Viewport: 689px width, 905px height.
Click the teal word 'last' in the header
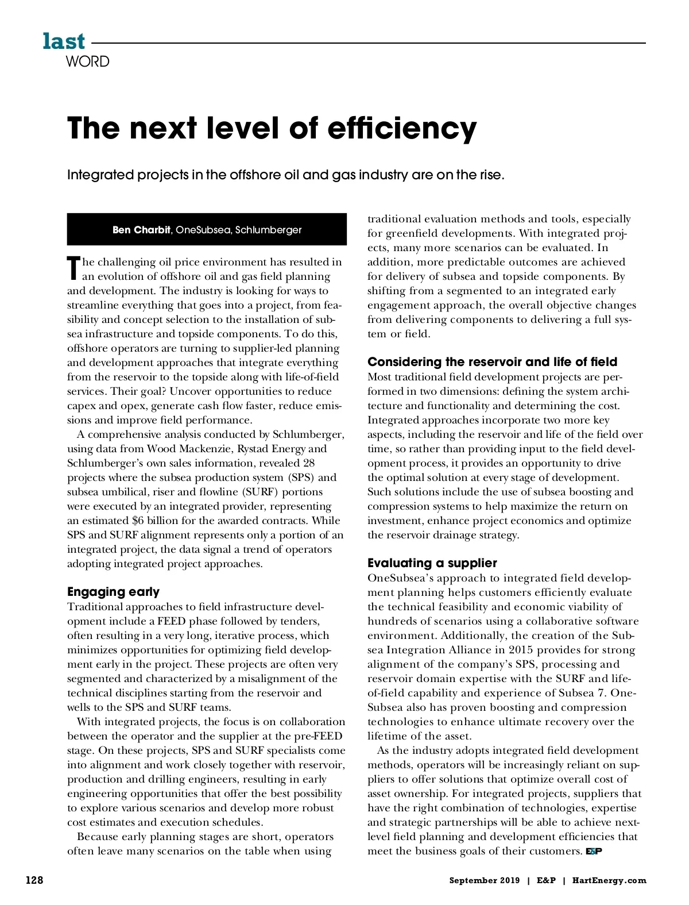(64, 42)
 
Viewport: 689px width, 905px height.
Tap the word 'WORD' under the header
(87, 61)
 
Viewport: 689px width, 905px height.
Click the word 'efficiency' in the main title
(402, 128)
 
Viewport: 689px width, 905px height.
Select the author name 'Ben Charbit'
(141, 230)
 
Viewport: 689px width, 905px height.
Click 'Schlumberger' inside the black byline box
(268, 230)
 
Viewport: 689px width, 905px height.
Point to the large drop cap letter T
(73, 268)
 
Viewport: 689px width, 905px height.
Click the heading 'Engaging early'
(113, 592)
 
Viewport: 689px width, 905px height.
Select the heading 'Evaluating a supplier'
(432, 563)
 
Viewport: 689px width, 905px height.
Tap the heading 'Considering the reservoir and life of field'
(492, 362)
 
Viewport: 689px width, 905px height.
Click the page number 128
(34, 880)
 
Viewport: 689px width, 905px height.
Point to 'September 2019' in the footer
(484, 880)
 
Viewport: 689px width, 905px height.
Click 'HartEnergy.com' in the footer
(609, 880)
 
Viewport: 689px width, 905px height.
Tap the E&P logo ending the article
(594, 852)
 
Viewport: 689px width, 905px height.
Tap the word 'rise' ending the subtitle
(490, 175)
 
